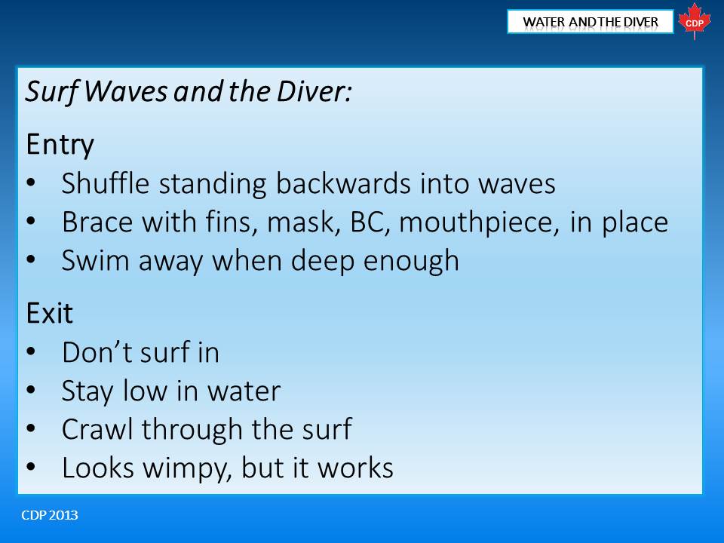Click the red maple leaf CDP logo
[x=694, y=21]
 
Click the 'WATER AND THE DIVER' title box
[x=590, y=22]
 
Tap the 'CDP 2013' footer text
[x=50, y=515]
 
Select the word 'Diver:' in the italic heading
[x=314, y=91]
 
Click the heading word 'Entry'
[x=60, y=145]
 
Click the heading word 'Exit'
[x=50, y=314]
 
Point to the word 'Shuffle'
[x=106, y=183]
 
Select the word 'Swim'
[x=95, y=260]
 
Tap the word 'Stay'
[x=87, y=392]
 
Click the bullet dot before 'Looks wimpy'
[x=31, y=468]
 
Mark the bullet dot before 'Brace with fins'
[x=31, y=221]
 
